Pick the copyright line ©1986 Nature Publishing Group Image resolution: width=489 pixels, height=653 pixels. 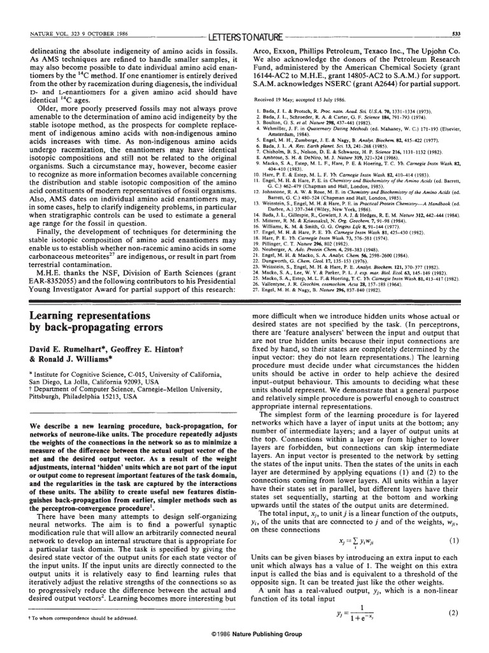coord(244,643)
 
